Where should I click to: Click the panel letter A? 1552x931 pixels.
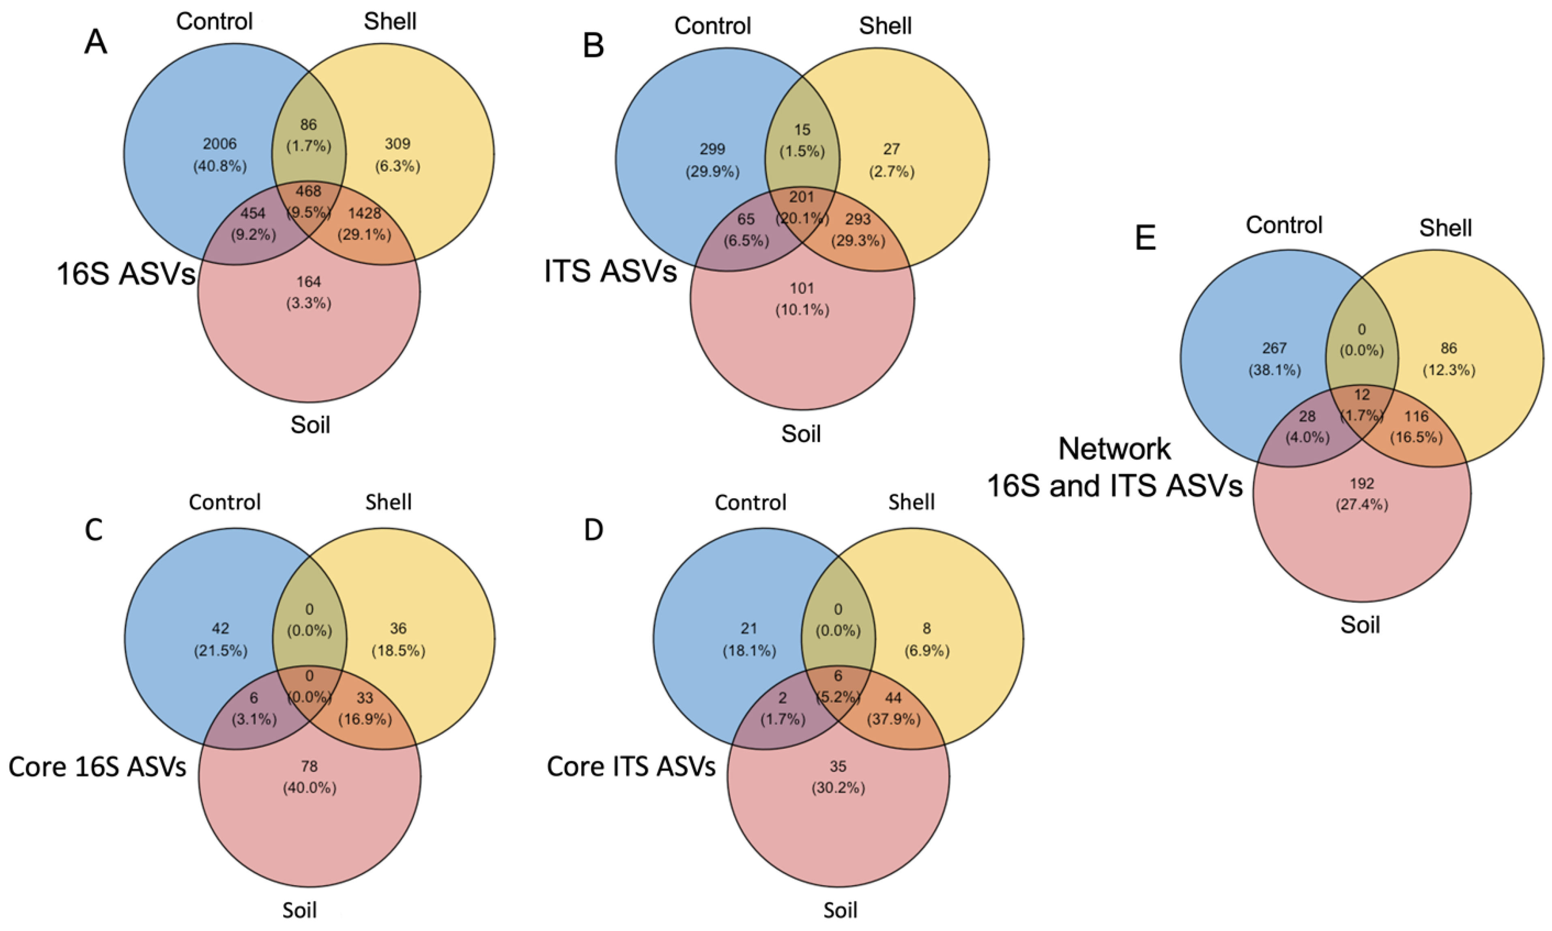pos(95,43)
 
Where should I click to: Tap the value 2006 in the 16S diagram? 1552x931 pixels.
pos(219,144)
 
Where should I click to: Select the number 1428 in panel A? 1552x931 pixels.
pos(365,213)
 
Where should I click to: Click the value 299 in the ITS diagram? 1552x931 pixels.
pos(712,149)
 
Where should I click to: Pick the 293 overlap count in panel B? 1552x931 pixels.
pos(858,219)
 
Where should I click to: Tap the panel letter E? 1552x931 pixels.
pos(1146,239)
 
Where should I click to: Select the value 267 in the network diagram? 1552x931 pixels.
pos(1274,348)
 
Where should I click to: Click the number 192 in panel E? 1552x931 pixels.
pos(1361,484)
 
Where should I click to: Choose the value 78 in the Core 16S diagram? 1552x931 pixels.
pos(309,766)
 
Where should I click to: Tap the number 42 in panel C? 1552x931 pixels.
pos(220,628)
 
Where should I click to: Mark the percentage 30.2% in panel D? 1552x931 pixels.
pos(838,787)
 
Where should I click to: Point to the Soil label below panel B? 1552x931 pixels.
pos(801,434)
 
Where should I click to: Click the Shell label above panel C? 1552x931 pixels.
pos(388,502)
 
